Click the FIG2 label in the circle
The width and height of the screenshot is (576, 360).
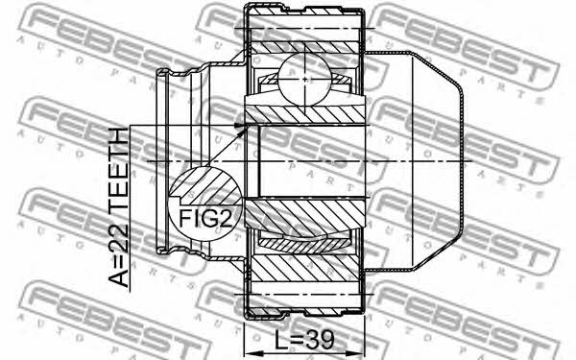coord(205,219)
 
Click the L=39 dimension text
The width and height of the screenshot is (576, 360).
coord(304,340)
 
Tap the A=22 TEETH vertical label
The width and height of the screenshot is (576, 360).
coord(119,207)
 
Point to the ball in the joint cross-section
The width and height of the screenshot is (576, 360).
coord(305,79)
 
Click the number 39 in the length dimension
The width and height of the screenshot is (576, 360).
coord(320,340)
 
